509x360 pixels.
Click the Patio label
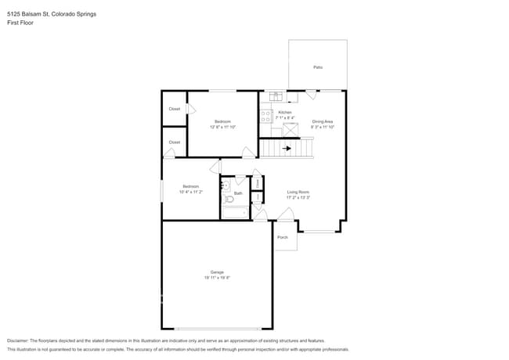click(x=318, y=67)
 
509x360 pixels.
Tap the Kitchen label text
click(x=285, y=112)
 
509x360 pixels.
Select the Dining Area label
click(x=323, y=121)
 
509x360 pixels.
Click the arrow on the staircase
click(x=287, y=147)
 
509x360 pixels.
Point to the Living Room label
click(x=298, y=192)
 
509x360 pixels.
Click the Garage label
click(x=217, y=272)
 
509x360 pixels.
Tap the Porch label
click(x=283, y=237)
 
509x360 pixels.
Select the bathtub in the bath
click(x=235, y=211)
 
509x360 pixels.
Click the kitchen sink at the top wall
click(x=276, y=96)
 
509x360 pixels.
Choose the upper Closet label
click(x=175, y=109)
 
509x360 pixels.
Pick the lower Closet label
click(x=175, y=142)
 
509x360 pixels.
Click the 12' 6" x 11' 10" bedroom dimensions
click(x=223, y=126)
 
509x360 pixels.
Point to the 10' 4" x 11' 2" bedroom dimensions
click(x=191, y=191)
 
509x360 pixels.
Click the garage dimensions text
click(x=217, y=277)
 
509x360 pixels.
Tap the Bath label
click(x=238, y=193)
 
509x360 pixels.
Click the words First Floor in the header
click(x=20, y=23)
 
